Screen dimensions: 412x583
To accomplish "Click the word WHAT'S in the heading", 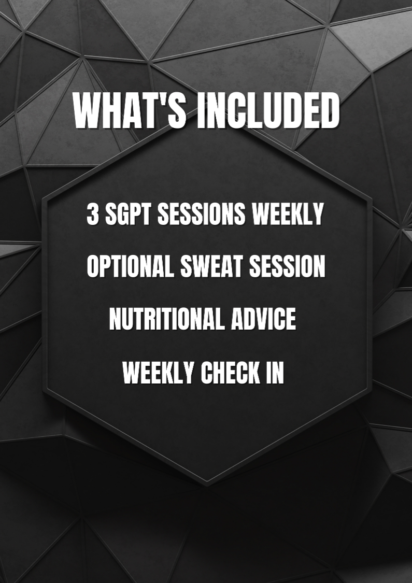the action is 130,111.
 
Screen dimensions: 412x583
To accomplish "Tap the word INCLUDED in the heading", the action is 268,111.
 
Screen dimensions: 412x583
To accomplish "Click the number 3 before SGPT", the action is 93,214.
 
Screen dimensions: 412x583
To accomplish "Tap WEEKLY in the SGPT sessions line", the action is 288,214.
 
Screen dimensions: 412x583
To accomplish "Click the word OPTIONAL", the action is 130,266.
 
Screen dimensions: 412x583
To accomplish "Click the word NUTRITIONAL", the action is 166,319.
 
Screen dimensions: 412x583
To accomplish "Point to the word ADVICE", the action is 263,319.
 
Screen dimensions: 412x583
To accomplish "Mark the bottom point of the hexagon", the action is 207,485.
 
